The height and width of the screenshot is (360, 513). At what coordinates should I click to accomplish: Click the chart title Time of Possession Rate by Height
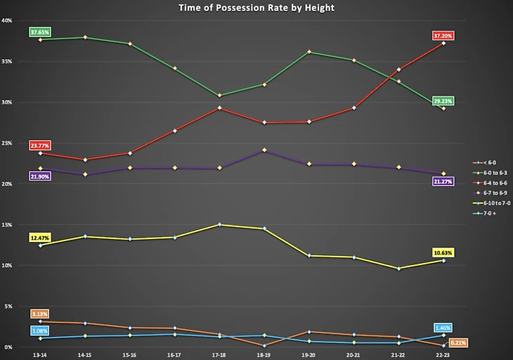[256, 8]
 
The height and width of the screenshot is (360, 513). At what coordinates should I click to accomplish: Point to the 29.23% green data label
[443, 101]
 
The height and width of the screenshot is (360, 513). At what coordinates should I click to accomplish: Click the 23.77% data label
[40, 146]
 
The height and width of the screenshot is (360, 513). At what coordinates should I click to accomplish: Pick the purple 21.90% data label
[40, 176]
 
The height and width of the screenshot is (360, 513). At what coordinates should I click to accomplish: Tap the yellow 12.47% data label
[40, 238]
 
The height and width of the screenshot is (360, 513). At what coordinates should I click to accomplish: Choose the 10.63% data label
[443, 252]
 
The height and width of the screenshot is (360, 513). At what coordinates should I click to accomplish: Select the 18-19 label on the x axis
[264, 356]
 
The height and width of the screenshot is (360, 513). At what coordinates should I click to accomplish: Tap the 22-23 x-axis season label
[443, 356]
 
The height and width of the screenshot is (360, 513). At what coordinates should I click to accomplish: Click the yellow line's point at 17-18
[219, 224]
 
